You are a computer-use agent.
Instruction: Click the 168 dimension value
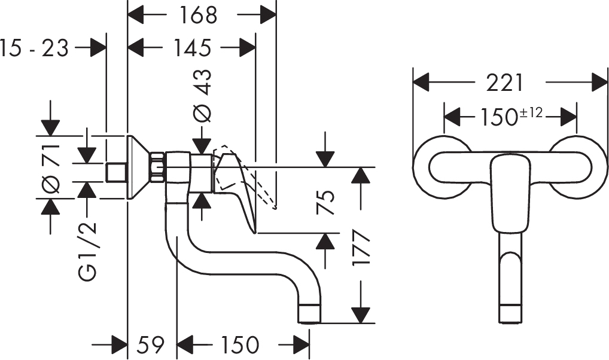198,16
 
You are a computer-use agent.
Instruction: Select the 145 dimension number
192,48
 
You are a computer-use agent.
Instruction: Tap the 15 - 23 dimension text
34,48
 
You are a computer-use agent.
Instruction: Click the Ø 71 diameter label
51,168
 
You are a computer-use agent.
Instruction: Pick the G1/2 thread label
87,251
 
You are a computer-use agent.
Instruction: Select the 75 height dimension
325,202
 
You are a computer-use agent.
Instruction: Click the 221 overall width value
505,83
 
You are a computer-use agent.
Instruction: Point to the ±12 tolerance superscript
531,112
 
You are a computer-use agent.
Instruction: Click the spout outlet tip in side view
309,314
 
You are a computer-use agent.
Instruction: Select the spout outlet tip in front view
510,314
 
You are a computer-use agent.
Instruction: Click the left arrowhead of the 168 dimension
136,16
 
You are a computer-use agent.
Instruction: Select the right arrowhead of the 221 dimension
599,83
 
